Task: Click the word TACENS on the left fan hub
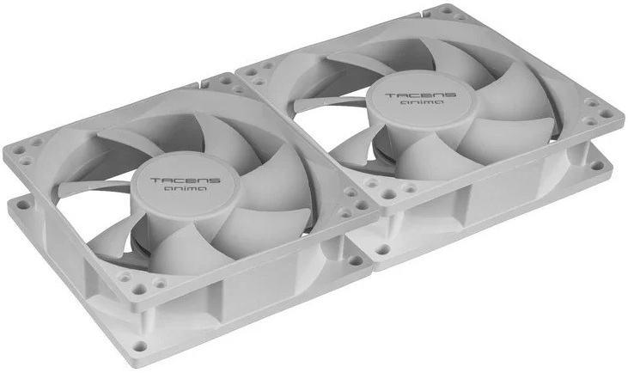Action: [186, 180]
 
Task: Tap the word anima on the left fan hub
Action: [186, 188]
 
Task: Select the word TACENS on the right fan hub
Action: [421, 95]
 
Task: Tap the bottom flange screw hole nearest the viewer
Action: [140, 345]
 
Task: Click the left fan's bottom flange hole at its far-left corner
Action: [22, 205]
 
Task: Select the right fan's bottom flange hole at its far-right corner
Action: [597, 165]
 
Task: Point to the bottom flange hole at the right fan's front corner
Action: [383, 249]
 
